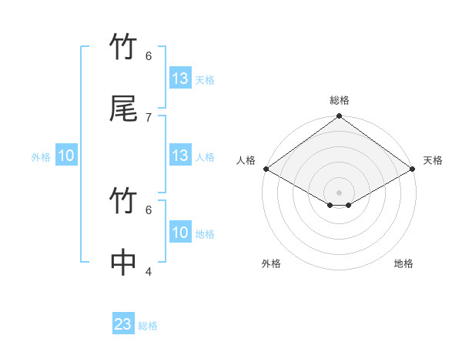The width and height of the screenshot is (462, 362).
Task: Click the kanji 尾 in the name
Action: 123,109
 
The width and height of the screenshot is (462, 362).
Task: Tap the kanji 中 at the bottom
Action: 123,263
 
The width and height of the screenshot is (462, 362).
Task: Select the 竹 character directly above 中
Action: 123,202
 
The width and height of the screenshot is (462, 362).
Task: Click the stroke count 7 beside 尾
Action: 149,117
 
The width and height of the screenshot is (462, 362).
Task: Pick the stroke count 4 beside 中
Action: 149,270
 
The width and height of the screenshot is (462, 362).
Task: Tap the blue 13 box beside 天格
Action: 180,79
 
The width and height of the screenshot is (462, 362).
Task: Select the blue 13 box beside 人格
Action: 180,156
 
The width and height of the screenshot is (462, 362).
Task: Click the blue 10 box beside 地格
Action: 180,233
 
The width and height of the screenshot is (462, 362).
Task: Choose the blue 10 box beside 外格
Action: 66,156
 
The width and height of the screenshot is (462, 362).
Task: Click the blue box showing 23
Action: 123,324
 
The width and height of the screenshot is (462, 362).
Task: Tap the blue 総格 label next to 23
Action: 148,326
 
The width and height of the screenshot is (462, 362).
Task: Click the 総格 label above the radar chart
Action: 340,100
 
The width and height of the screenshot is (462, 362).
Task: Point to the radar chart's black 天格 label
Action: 433,160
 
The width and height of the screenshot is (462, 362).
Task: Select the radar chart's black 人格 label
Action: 246,160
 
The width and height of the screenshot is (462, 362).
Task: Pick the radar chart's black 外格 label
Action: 271,263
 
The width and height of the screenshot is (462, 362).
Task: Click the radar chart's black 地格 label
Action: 403,263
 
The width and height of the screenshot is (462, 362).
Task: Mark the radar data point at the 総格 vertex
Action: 340,117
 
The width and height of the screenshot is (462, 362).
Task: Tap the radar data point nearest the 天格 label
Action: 413,169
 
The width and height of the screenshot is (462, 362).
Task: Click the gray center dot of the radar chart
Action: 340,193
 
